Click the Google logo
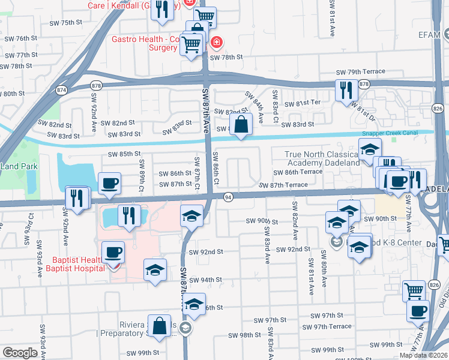click(x=20, y=353)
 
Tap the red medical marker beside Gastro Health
click(x=216, y=43)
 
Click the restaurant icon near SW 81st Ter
click(x=346, y=89)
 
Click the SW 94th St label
click(x=206, y=280)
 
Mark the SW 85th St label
click(x=124, y=154)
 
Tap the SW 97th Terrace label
click(x=327, y=326)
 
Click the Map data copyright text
click(x=423, y=355)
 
